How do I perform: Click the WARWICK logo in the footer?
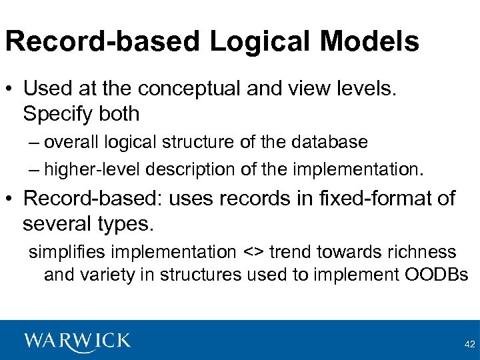pos(78,341)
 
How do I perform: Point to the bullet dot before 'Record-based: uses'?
pos(11,199)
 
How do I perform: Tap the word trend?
pos(291,252)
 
